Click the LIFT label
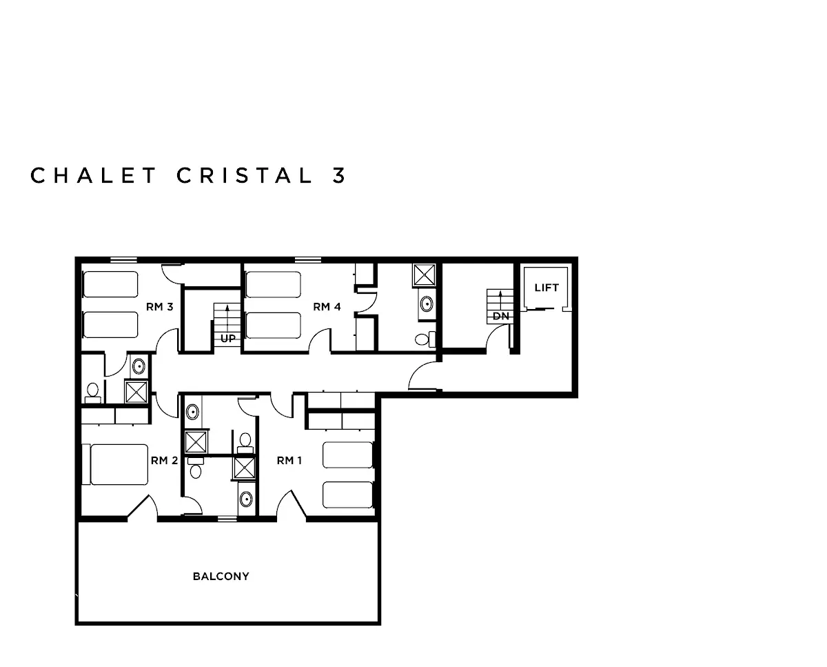pos(547,288)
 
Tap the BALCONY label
pos(221,576)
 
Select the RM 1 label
pos(289,461)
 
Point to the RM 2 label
pos(165,461)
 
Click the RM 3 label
pos(159,306)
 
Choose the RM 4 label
pos(327,306)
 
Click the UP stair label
pos(228,339)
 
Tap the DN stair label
pos(501,316)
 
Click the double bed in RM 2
pos(115,465)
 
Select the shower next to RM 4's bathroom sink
pos(425,275)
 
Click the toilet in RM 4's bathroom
pos(425,339)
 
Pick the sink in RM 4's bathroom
pos(427,304)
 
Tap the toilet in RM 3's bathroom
pos(92,392)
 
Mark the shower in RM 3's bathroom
pos(136,392)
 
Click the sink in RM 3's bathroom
pos(139,366)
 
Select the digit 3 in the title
pos(339,175)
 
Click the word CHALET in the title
pos(93,175)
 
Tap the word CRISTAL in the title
pos(244,175)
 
